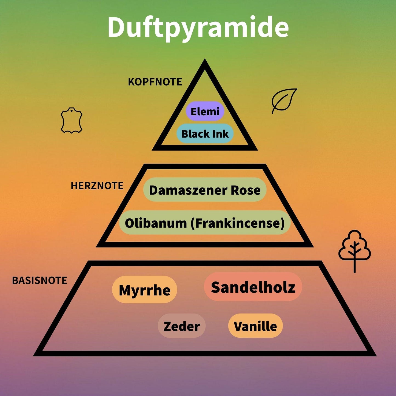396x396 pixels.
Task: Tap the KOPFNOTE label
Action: (155, 82)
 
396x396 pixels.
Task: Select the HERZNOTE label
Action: (97, 186)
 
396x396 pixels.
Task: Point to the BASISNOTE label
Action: (40, 280)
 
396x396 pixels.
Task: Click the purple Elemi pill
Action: (205, 111)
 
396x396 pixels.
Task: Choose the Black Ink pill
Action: (205, 133)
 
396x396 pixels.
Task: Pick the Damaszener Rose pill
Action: (205, 190)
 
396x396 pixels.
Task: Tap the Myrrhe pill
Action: (144, 290)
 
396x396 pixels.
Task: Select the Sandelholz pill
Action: (253, 287)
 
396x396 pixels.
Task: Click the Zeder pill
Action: (182, 326)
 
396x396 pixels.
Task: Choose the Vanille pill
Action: (255, 326)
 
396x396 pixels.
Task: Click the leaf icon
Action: (284, 101)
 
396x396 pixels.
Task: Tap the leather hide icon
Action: (72, 120)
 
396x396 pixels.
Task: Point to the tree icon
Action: (355, 251)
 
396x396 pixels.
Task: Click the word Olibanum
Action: (156, 223)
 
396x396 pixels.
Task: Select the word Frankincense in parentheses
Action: (238, 223)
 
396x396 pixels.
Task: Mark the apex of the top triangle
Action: (204, 59)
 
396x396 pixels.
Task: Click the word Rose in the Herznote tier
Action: (246, 190)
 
